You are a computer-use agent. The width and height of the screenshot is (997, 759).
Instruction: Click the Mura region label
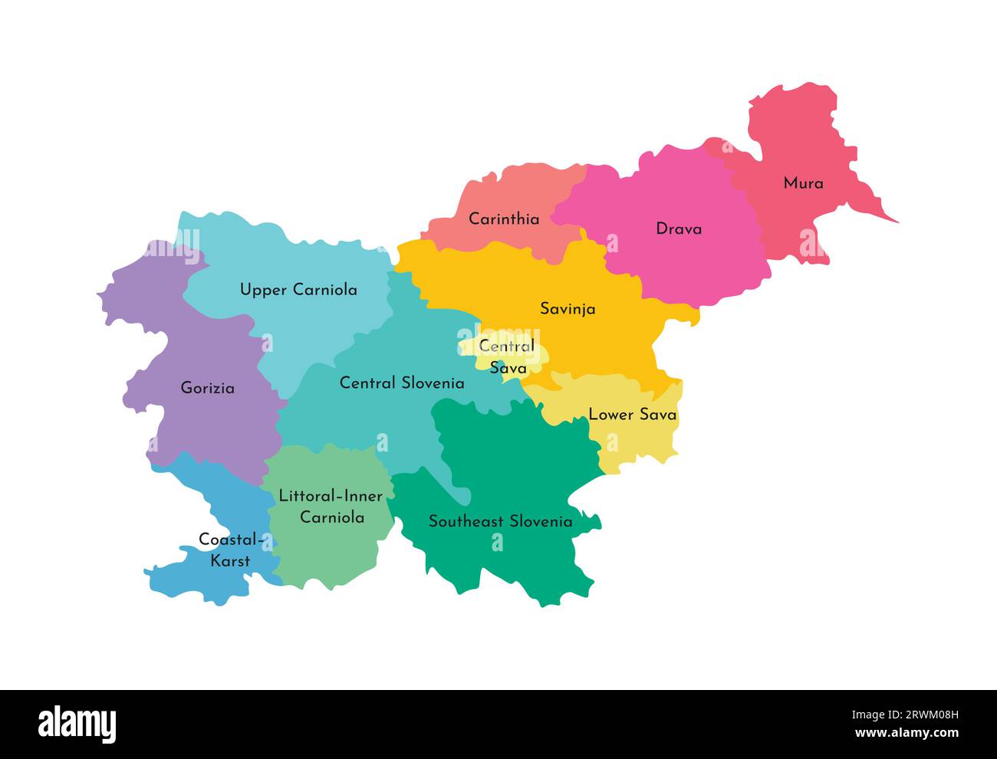803,183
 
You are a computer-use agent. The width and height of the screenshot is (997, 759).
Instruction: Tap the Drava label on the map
678,228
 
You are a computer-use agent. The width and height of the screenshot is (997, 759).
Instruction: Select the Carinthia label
504,219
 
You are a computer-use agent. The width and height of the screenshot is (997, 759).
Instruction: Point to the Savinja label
568,309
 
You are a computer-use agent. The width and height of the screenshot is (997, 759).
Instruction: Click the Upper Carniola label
298,290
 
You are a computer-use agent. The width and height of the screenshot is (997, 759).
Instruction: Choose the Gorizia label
207,388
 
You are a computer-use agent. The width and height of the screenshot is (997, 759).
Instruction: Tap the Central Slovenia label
402,383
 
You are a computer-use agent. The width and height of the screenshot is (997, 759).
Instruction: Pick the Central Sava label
507,357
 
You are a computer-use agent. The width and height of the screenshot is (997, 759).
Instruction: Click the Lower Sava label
632,415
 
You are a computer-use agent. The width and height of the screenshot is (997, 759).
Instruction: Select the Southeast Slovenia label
500,521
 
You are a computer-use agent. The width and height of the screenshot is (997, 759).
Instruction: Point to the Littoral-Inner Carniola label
331,507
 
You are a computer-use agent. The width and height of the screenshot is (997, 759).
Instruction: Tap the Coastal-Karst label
231,550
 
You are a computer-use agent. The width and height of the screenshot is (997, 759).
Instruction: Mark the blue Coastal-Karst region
192,583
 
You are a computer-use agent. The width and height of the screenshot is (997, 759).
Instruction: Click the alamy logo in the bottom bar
77,724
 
